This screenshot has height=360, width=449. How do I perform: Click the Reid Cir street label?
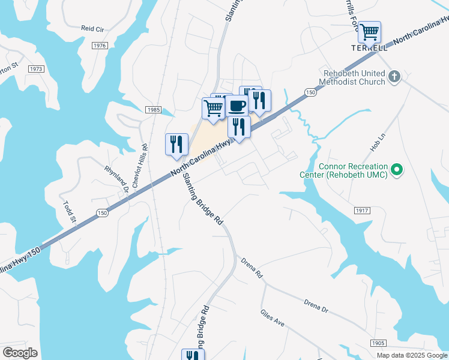[x=93, y=28]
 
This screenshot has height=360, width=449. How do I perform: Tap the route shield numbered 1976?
[x=100, y=46]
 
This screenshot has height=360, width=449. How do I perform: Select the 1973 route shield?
[x=36, y=69]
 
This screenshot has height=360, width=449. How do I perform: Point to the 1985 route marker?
[x=152, y=109]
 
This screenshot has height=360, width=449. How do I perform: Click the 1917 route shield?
[x=362, y=211]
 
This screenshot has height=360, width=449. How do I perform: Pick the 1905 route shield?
[x=378, y=343]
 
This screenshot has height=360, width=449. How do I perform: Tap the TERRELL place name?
[x=369, y=47]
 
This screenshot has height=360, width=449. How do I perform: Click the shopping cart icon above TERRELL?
[x=369, y=31]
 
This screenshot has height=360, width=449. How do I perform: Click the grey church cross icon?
[x=394, y=76]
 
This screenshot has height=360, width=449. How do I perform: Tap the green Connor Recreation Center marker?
[x=396, y=171]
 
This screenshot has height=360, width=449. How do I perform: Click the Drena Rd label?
[x=252, y=268]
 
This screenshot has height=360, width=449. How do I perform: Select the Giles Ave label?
[x=273, y=317]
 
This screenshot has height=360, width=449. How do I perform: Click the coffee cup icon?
[x=237, y=106]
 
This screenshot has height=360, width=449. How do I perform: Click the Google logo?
[x=20, y=352]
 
